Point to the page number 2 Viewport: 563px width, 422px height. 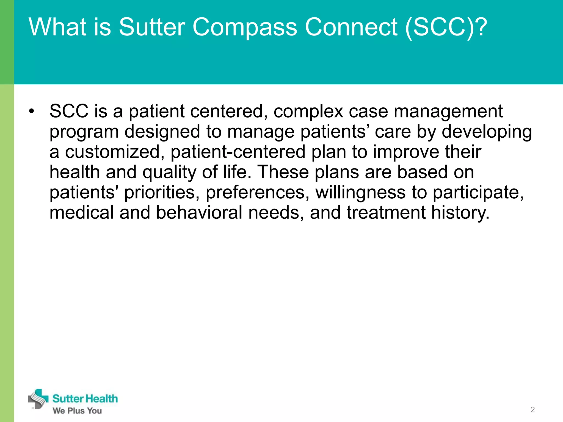pyautogui.click(x=532, y=410)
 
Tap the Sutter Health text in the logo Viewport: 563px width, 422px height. pyautogui.click(x=85, y=399)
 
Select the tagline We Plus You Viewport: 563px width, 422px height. pyautogui.click(x=77, y=411)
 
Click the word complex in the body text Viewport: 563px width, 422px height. pyautogui.click(x=308, y=112)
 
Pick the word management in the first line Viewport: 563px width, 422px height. pyautogui.click(x=448, y=112)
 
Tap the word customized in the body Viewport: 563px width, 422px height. pyautogui.click(x=112, y=152)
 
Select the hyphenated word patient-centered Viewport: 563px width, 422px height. pyautogui.click(x=238, y=152)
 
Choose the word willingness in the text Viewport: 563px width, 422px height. pyautogui.click(x=360, y=192)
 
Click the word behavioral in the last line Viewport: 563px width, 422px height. pyautogui.click(x=199, y=213)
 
